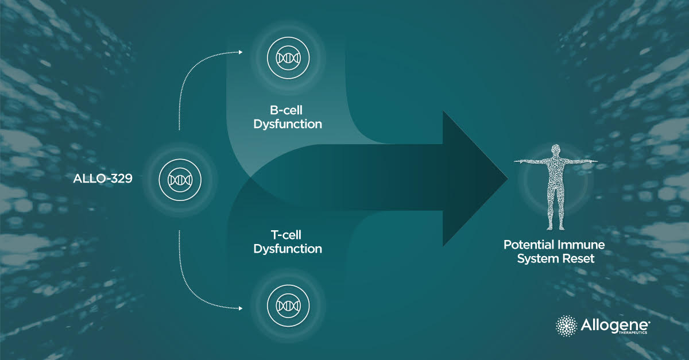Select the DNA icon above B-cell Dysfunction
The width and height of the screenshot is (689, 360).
pyautogui.click(x=288, y=57)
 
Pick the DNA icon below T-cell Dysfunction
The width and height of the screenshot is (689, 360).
pyautogui.click(x=288, y=304)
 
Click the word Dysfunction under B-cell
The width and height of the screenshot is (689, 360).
pyautogui.click(x=288, y=123)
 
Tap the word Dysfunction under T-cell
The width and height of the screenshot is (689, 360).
pyautogui.click(x=288, y=249)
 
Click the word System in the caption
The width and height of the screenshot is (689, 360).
pyautogui.click(x=538, y=258)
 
